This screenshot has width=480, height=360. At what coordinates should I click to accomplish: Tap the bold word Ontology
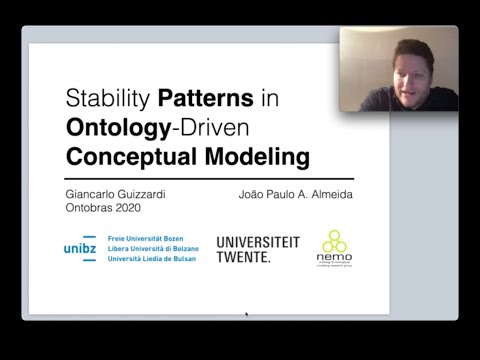coord(106,128)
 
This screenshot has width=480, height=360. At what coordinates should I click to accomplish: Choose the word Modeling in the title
coord(251,157)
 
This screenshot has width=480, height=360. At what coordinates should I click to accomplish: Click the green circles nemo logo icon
coord(334,242)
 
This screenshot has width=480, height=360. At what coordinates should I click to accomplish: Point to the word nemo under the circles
coord(334,261)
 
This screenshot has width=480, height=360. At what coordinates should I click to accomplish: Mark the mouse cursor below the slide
coord(246,315)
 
